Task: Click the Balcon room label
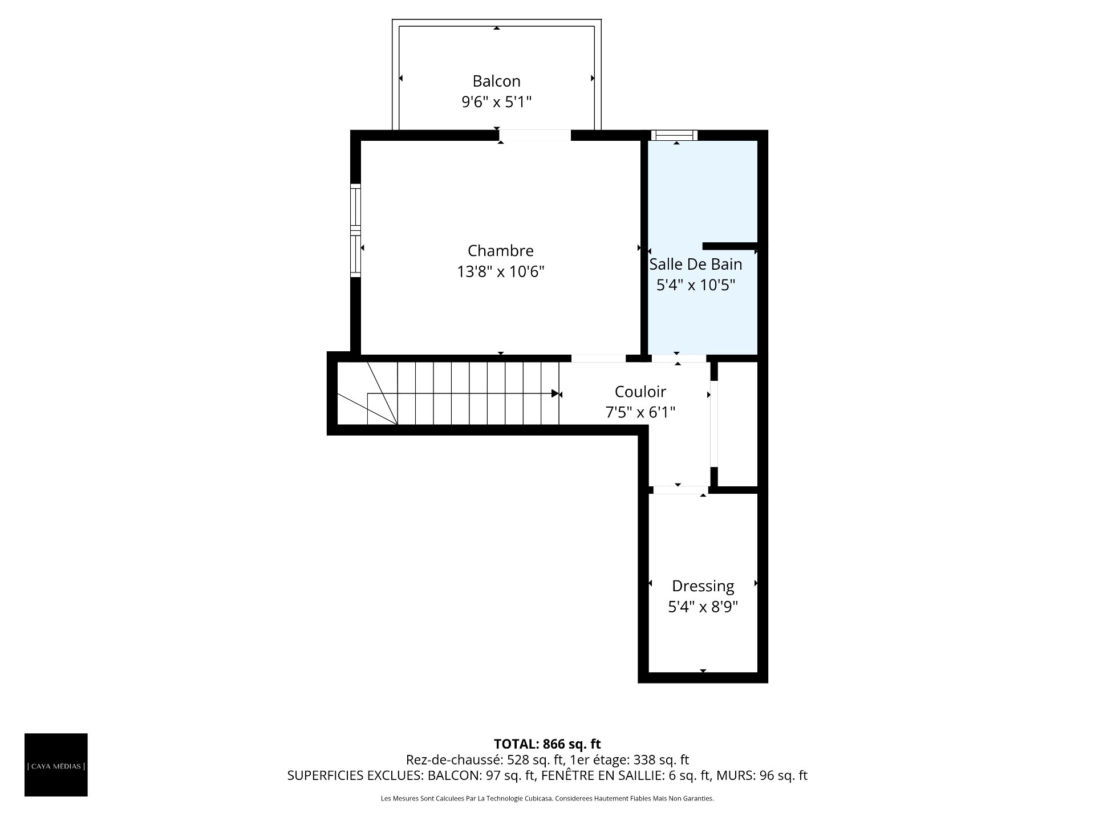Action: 496,81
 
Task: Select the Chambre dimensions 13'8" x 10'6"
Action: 501,271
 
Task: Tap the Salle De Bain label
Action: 696,264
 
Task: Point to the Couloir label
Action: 640,392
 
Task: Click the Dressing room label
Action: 703,586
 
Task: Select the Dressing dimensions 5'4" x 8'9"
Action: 703,607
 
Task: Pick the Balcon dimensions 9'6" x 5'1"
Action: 496,102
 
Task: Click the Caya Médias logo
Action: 56,765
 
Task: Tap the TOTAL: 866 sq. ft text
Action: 547,743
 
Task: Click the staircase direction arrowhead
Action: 555,393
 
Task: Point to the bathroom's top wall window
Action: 674,135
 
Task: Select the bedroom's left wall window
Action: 355,230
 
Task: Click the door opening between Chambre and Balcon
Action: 535,135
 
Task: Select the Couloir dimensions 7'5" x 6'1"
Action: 640,412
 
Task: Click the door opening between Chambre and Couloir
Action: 598,358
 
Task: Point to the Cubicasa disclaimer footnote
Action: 547,799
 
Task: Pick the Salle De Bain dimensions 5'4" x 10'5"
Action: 696,284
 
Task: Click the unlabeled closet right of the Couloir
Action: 737,424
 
